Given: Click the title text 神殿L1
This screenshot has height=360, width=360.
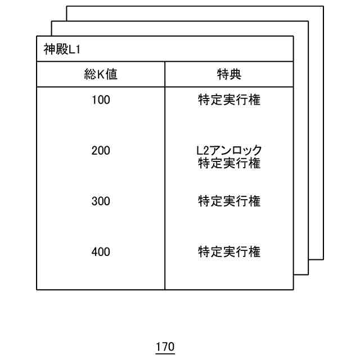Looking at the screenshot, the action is pyautogui.click(x=62, y=49).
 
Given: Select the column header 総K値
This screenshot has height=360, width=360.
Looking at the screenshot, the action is pyautogui.click(x=101, y=74).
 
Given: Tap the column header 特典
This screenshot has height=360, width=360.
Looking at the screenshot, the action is pyautogui.click(x=229, y=74).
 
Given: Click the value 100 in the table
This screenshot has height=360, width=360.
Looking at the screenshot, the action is pyautogui.click(x=101, y=101).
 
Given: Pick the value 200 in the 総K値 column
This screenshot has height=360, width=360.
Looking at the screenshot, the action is pyautogui.click(x=101, y=151).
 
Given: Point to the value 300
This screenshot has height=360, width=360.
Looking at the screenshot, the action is pyautogui.click(x=101, y=201).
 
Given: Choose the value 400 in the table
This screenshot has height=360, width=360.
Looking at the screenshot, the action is pyautogui.click(x=101, y=251).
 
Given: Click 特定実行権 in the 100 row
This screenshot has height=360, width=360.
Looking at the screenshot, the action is pyautogui.click(x=229, y=101).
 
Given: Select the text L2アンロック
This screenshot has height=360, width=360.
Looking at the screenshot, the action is pyautogui.click(x=229, y=150).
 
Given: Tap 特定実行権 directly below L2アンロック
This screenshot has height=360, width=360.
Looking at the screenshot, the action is pyautogui.click(x=229, y=164).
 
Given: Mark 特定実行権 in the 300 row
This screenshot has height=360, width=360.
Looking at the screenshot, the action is pyautogui.click(x=229, y=201).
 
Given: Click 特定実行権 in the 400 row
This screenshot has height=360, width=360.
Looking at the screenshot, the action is pyautogui.click(x=229, y=251).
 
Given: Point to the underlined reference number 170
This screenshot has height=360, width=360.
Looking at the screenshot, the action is pyautogui.click(x=165, y=346).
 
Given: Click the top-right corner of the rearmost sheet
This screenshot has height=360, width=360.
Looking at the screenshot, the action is pyautogui.click(x=323, y=6).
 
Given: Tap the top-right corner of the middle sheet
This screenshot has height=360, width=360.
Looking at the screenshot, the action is pyautogui.click(x=308, y=21).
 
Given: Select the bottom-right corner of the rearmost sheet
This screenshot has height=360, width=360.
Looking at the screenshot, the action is pyautogui.click(x=323, y=259).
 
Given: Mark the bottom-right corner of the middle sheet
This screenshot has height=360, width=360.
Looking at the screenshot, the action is pyautogui.click(x=308, y=274).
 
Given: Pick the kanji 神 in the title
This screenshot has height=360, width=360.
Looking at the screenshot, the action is pyautogui.click(x=49, y=49).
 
